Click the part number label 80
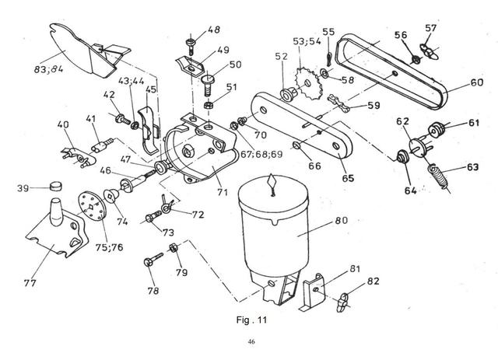tap(342, 220)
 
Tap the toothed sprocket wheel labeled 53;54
tap(307, 83)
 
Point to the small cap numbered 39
tap(56, 185)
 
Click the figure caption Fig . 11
tap(251, 320)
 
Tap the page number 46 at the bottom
tap(251, 342)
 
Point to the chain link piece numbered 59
tap(338, 102)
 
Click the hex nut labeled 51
tap(208, 104)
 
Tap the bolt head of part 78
tap(149, 262)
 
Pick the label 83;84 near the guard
tap(48, 68)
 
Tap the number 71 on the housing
tap(223, 192)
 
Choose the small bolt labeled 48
tap(190, 45)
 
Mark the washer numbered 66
tap(296, 145)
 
